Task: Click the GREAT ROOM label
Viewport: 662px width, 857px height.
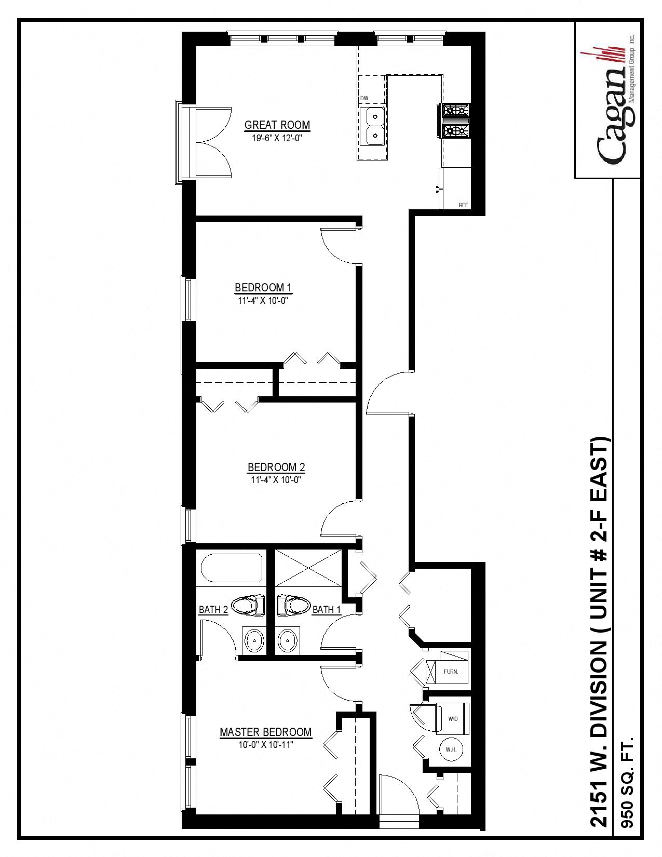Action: [x=277, y=125]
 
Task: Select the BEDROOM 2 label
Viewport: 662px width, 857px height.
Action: [x=276, y=467]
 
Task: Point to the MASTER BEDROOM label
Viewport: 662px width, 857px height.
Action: [x=265, y=732]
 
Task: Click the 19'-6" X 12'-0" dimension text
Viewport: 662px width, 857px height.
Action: [x=277, y=138]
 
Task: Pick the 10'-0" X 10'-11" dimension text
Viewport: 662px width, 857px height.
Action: [x=265, y=745]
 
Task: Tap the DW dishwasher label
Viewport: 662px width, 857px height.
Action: [x=364, y=98]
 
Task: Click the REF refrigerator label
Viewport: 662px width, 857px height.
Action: [x=463, y=205]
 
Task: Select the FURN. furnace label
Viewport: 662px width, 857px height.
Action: [x=451, y=672]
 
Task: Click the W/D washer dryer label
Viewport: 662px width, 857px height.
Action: [x=453, y=719]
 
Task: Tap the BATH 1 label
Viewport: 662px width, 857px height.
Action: [x=326, y=609]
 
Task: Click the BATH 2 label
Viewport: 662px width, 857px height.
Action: [x=213, y=609]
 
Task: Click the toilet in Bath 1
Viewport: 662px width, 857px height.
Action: [x=294, y=605]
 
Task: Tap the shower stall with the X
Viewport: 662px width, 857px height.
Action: [x=308, y=567]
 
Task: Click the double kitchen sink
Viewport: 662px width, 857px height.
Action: [x=372, y=126]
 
